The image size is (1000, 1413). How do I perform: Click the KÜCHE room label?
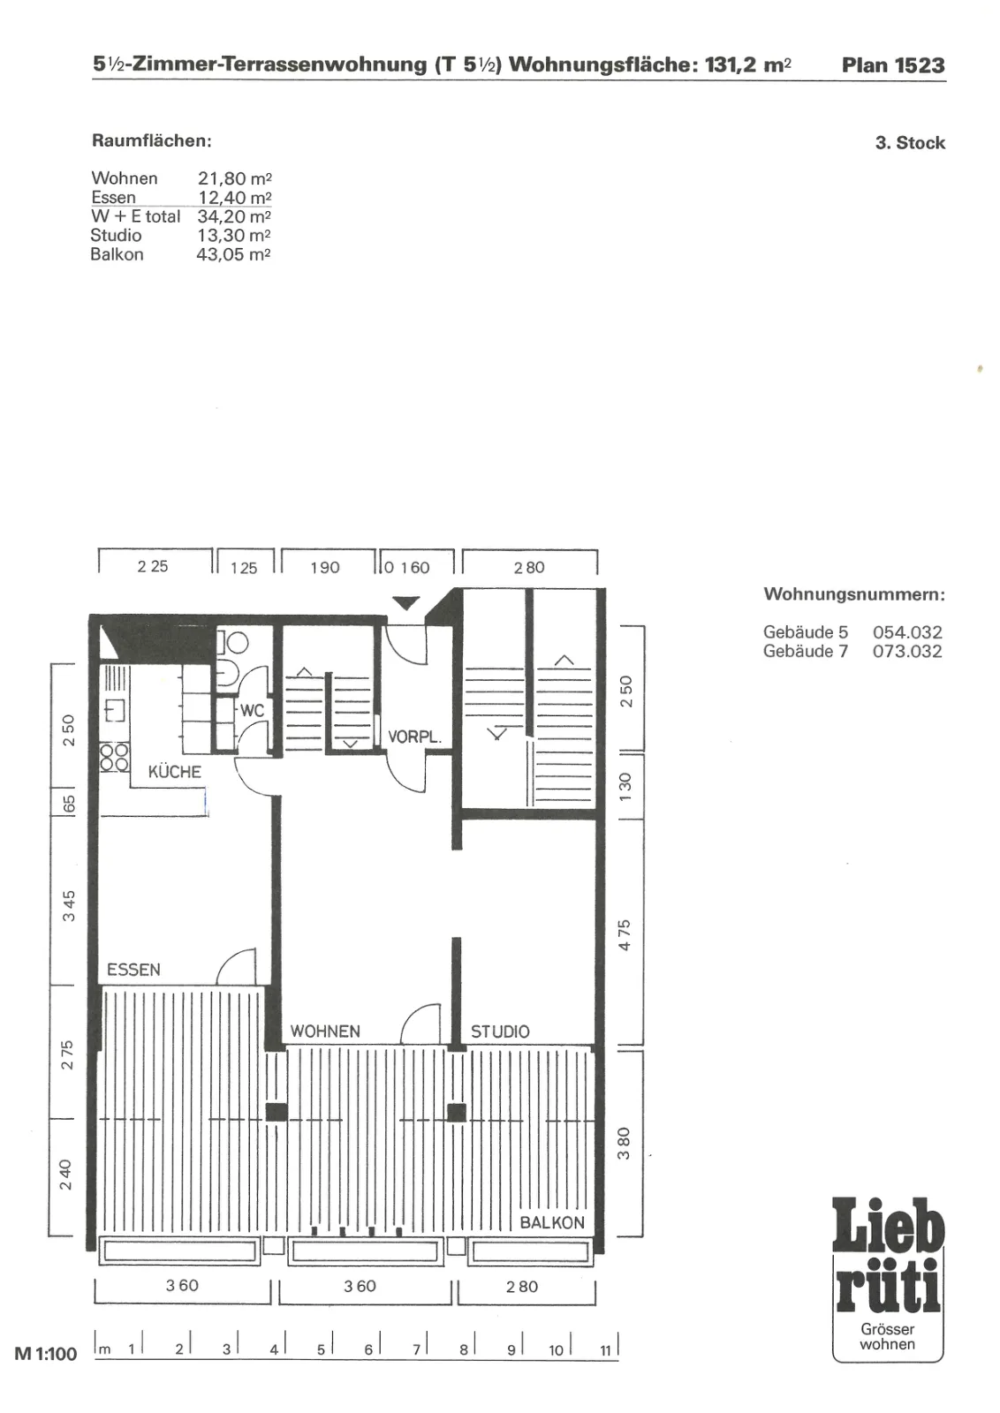(175, 772)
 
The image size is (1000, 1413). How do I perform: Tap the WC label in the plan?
(252, 711)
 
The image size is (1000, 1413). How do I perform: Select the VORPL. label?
(414, 737)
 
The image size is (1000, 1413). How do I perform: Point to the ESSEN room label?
(133, 969)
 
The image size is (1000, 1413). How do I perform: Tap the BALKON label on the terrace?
(552, 1222)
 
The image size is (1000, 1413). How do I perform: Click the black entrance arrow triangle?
(406, 603)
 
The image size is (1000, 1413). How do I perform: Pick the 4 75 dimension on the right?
(624, 935)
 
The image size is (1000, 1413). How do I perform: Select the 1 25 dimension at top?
(244, 568)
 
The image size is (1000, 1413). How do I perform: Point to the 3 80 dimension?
(624, 1143)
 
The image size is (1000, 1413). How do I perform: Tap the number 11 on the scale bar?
(606, 1350)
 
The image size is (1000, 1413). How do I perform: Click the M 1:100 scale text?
(45, 1354)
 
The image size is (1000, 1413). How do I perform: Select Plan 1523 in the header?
(893, 65)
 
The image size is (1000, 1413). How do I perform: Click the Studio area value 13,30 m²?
(234, 235)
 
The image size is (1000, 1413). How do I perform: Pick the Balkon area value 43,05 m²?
(233, 254)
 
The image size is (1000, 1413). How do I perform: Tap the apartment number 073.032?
(907, 651)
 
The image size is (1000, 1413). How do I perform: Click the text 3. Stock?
(910, 142)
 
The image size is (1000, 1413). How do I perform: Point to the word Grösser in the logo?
(888, 1329)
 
